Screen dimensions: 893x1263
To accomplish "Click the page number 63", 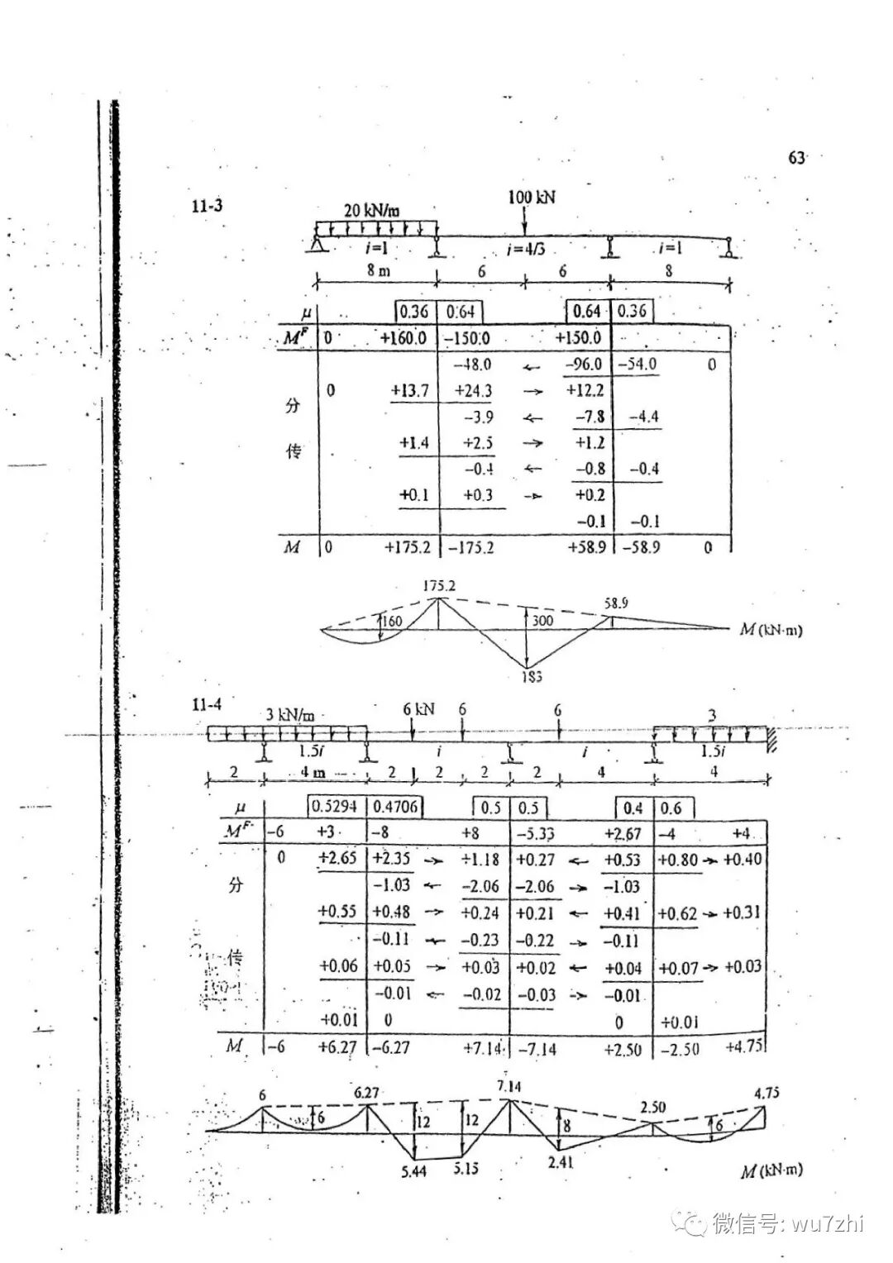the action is pos(796,158).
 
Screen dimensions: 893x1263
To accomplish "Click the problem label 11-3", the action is pos(207,206).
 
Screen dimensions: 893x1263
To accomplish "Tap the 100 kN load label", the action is pos(532,197).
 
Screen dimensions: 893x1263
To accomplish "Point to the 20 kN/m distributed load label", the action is pos(377,210).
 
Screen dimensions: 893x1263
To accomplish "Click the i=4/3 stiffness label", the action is pos(526,250).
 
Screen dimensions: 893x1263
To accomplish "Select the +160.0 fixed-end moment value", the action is pos(404,337).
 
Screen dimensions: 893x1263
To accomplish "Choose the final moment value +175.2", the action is pos(405,547).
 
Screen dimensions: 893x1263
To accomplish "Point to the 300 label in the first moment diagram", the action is pos(543,621).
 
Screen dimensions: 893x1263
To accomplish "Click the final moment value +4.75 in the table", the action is pos(744,1046).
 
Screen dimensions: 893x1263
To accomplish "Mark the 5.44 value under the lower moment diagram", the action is pos(413,1170).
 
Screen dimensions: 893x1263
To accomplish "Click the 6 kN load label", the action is pos(418,710).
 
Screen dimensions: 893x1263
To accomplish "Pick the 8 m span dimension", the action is pos(379,271).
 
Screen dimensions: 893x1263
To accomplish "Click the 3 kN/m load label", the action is pos(289,714).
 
